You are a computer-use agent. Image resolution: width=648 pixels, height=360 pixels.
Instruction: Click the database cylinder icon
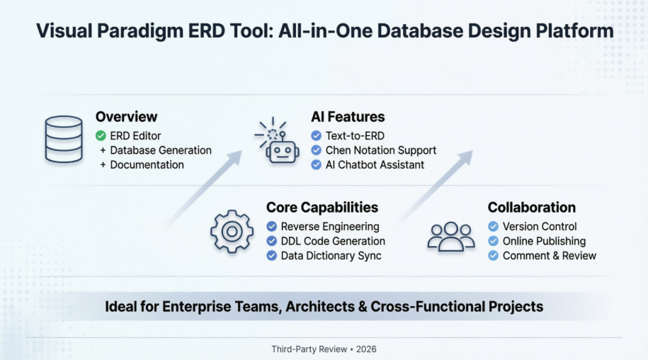[x=63, y=140]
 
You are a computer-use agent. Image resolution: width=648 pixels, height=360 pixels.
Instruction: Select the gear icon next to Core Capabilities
[x=232, y=232]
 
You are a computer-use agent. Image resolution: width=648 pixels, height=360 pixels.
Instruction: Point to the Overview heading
[x=126, y=117]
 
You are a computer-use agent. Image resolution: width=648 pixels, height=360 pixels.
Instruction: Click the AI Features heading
[x=348, y=117]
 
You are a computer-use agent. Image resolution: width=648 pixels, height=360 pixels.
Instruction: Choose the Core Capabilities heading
[x=322, y=208]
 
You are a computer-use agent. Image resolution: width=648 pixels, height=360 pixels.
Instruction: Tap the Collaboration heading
[x=531, y=208]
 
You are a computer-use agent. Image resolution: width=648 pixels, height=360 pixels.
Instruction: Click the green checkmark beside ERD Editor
[x=101, y=135]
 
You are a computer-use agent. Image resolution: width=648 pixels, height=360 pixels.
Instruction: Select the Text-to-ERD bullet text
[x=355, y=135]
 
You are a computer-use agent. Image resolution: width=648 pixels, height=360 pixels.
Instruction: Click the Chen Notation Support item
[x=380, y=150]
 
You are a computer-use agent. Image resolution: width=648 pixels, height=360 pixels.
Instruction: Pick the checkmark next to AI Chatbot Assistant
[x=316, y=164]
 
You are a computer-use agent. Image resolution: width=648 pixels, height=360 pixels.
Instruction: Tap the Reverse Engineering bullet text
[x=330, y=227]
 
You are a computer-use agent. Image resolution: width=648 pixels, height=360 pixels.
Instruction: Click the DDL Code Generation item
[x=333, y=241]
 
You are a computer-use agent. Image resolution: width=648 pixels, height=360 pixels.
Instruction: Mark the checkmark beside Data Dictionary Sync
[x=271, y=255]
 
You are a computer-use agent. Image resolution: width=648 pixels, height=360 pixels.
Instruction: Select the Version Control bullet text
[x=540, y=227]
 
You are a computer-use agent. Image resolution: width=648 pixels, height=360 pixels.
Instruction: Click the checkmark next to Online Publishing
[x=494, y=241]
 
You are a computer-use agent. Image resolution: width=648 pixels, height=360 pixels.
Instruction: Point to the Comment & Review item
[x=549, y=255]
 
